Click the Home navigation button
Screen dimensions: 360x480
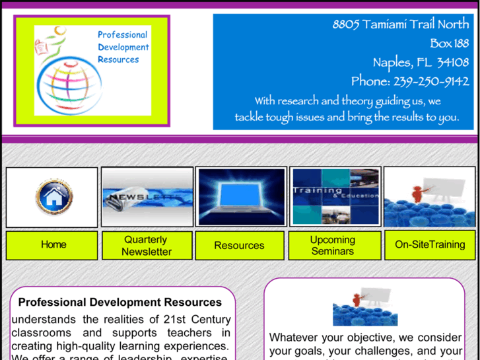click(53, 245)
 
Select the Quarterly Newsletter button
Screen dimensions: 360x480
click(147, 245)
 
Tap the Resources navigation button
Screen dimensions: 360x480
click(239, 245)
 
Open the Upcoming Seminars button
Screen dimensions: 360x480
click(333, 245)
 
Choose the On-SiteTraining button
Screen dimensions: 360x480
click(430, 245)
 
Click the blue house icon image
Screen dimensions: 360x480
click(53, 197)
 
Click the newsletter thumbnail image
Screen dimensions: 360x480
click(147, 197)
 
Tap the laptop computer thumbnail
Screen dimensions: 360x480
click(241, 197)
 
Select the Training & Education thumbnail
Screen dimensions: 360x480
click(335, 196)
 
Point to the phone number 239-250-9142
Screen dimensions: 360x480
click(431, 82)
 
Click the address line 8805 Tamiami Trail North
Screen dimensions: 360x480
click(400, 24)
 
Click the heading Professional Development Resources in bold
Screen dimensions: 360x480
click(120, 303)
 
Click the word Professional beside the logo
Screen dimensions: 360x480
click(123, 34)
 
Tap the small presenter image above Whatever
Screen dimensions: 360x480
click(365, 307)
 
